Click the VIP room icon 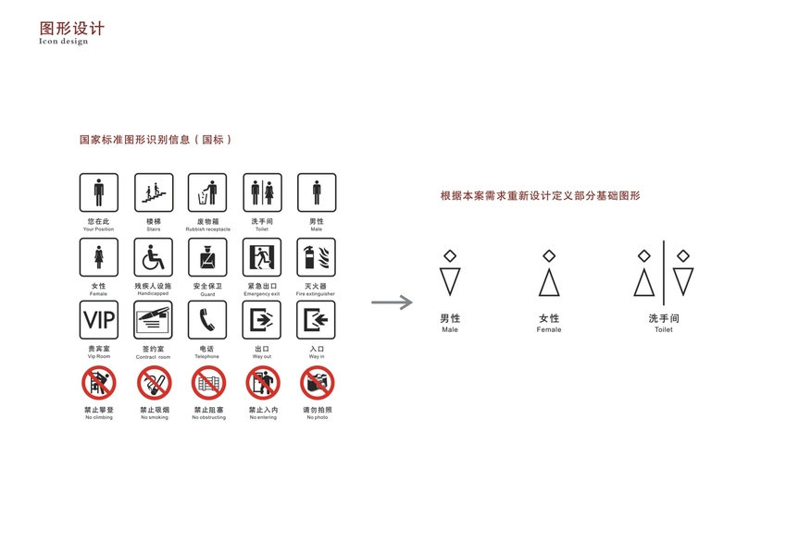click(x=98, y=321)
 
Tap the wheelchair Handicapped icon click(x=153, y=258)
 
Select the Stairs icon click(x=153, y=193)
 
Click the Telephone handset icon click(x=207, y=321)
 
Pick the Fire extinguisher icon click(x=316, y=258)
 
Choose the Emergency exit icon click(x=262, y=258)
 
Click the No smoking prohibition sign click(x=154, y=383)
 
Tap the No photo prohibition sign click(x=317, y=383)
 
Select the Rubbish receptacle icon click(x=207, y=193)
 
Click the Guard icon click(x=207, y=258)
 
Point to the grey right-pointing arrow click(x=392, y=302)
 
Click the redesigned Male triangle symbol click(x=450, y=281)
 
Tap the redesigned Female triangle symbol click(x=549, y=281)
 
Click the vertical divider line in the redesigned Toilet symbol click(x=663, y=273)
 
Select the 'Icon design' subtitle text click(x=64, y=42)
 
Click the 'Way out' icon click(x=262, y=321)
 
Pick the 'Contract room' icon click(x=153, y=321)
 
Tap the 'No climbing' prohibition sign click(x=98, y=383)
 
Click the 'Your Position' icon click(x=98, y=193)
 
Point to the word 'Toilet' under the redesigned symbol click(x=663, y=329)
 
